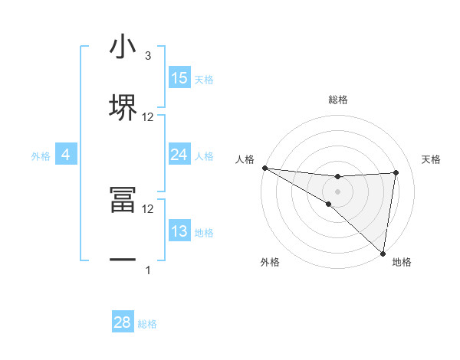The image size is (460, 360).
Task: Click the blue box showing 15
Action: point(179,78)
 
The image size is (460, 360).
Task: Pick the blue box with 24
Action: point(179,155)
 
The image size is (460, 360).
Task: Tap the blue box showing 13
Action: point(179,231)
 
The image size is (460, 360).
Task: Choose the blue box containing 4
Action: point(66,155)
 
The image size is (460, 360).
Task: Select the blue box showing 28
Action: point(123,322)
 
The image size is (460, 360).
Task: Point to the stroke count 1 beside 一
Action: point(148,270)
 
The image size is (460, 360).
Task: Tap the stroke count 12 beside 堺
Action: point(148,117)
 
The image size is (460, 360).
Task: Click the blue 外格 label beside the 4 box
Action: point(41,156)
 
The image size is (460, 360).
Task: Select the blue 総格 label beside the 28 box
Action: point(147,324)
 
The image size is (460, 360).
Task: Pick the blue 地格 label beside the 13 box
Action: point(204,233)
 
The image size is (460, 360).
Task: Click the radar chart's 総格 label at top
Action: point(338,100)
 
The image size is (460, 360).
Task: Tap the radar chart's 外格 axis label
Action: point(270,263)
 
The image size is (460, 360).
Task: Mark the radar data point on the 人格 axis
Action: point(264,167)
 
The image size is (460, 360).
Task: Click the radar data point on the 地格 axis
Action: point(382,253)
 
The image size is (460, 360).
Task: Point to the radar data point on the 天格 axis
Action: point(396,172)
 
